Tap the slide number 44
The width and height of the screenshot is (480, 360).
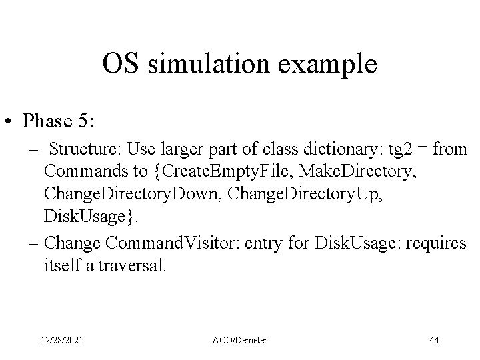tap(434, 340)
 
